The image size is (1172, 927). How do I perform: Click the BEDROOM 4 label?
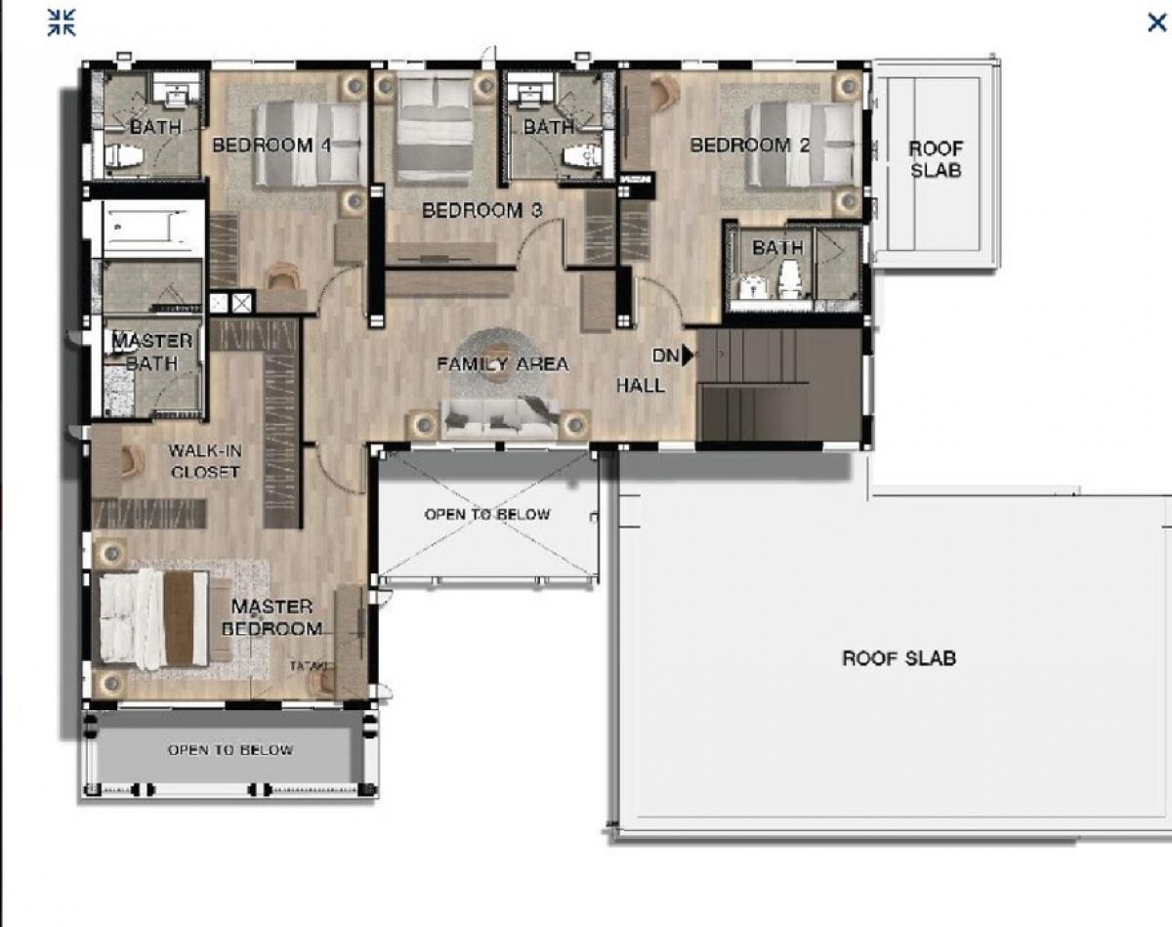click(x=271, y=146)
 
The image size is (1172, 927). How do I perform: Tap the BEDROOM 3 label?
click(x=481, y=210)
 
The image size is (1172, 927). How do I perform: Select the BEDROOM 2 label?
click(x=750, y=146)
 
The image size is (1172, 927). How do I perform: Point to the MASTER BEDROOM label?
click(x=272, y=617)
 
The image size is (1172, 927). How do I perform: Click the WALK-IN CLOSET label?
click(x=204, y=461)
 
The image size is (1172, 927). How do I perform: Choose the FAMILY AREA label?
click(x=502, y=364)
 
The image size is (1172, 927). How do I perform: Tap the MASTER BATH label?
click(x=151, y=352)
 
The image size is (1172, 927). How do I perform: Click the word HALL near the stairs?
click(x=640, y=386)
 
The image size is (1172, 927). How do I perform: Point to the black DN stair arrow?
click(x=689, y=356)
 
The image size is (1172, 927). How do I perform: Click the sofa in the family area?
click(x=499, y=419)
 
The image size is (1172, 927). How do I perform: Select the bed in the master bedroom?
click(x=153, y=619)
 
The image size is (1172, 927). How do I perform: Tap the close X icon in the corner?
click(x=1156, y=22)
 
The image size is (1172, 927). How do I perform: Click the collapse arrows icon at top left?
click(x=62, y=22)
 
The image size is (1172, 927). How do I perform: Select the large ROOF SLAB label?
click(x=899, y=658)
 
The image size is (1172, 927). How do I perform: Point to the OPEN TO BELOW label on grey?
click(x=230, y=750)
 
